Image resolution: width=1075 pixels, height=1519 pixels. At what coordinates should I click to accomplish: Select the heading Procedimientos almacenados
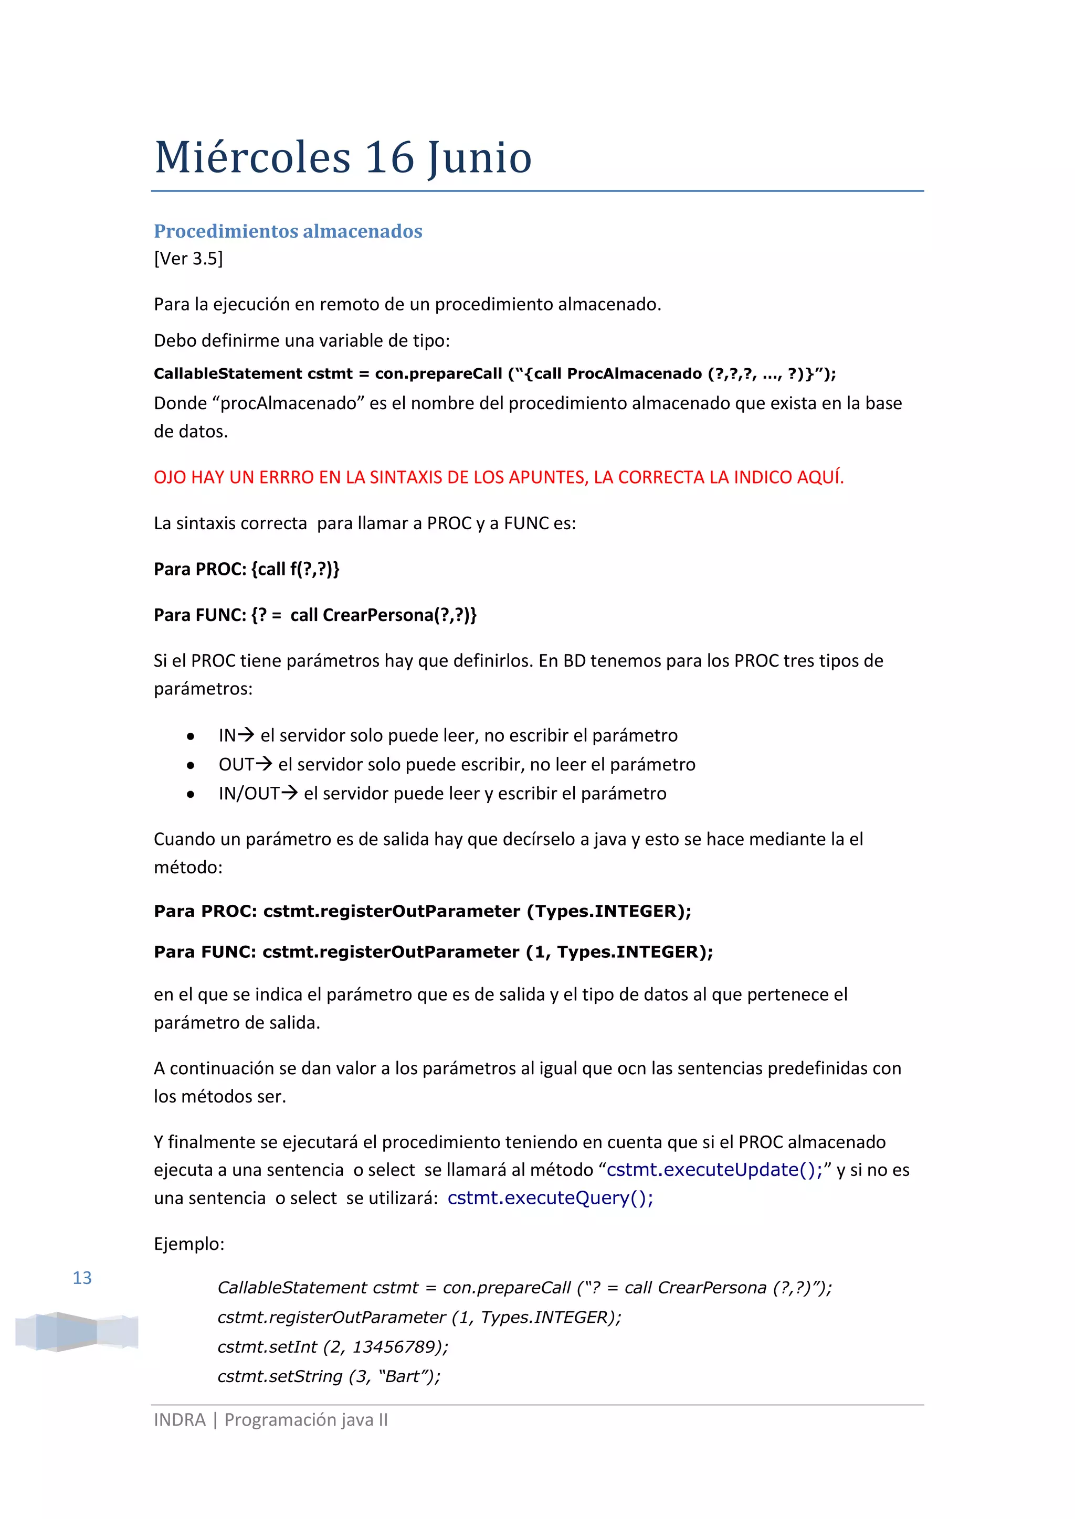[288, 231]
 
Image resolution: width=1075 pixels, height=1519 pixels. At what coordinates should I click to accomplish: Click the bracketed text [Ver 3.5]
[188, 259]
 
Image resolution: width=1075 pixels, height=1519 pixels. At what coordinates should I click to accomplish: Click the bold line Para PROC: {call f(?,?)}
[246, 569]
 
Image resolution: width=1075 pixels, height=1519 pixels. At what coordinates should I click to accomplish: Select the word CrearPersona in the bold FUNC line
[378, 615]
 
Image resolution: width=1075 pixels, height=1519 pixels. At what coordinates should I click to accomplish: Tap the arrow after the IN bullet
[246, 734]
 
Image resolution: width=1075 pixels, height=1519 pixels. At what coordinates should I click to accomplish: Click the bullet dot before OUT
[191, 765]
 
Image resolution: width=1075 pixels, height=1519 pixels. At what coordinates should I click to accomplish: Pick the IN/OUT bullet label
[249, 793]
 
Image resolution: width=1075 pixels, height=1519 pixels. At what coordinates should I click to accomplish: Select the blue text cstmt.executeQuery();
[550, 1198]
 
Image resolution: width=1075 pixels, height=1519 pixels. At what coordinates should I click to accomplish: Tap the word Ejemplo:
[189, 1244]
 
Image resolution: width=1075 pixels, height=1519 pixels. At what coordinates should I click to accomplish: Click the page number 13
[82, 1278]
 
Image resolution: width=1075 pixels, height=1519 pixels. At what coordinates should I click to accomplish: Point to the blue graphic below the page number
[77, 1331]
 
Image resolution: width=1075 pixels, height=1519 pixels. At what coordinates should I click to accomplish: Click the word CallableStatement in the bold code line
[228, 374]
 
